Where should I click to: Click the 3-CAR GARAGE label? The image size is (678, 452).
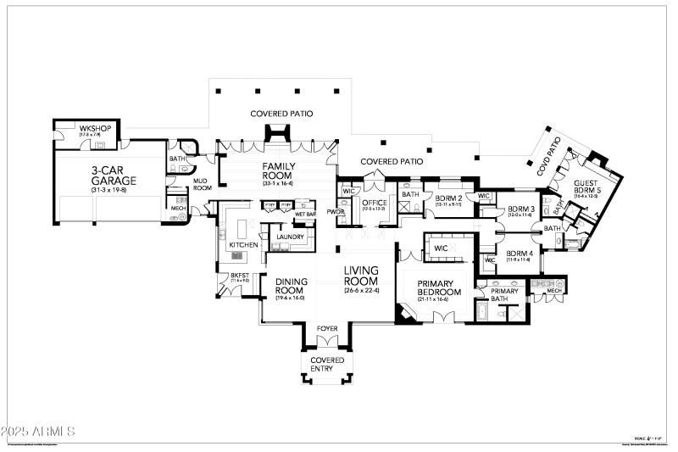tap(108, 175)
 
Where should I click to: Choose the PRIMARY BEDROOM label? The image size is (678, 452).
tap(439, 288)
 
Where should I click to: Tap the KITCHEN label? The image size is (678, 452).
tap(242, 244)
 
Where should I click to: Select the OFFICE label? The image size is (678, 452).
tap(374, 203)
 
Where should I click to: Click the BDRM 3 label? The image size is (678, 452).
tap(520, 209)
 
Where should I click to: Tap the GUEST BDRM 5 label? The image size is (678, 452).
tap(586, 187)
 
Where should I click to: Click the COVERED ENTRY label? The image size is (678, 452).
tap(327, 365)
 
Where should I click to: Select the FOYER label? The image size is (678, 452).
tap(327, 328)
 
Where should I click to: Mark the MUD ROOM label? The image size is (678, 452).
tap(201, 184)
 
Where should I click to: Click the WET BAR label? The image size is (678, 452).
tap(305, 214)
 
